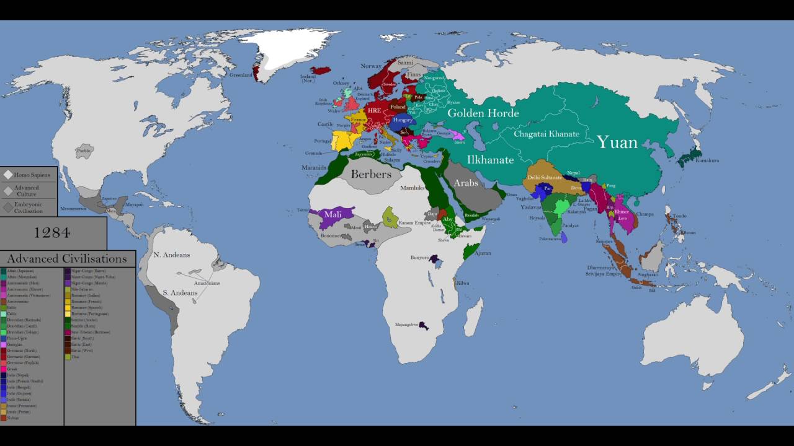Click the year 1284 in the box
click(x=53, y=233)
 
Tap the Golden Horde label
click(x=483, y=113)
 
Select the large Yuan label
click(x=617, y=143)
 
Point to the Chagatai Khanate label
click(x=546, y=134)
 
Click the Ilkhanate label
click(x=490, y=160)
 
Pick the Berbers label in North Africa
click(x=371, y=174)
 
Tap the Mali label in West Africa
click(x=333, y=214)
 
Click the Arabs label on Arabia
click(x=466, y=183)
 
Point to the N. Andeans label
click(x=172, y=255)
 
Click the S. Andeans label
click(x=176, y=292)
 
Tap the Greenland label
click(x=241, y=76)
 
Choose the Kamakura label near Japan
click(x=707, y=160)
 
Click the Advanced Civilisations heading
click(x=67, y=259)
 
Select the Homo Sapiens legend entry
click(x=32, y=175)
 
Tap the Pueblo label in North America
click(x=84, y=151)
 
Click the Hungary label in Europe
click(x=403, y=120)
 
